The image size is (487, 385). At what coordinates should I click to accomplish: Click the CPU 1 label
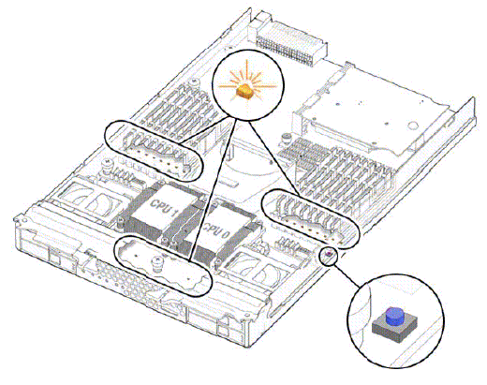coord(163,208)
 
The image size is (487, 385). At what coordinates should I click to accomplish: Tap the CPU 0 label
coord(216,230)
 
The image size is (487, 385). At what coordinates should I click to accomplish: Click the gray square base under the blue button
coord(394,329)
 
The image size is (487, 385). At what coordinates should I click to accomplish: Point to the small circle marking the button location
coord(329,256)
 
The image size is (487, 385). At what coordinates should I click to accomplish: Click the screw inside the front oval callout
coord(156,263)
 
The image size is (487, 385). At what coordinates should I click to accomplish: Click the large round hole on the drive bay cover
coord(414,126)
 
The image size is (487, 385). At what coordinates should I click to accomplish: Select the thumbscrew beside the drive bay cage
coord(285,139)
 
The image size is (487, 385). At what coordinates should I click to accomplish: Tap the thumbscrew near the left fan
coord(107,166)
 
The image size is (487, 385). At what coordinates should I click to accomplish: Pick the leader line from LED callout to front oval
coord(212,189)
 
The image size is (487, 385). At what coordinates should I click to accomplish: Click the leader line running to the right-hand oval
coord(274,158)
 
